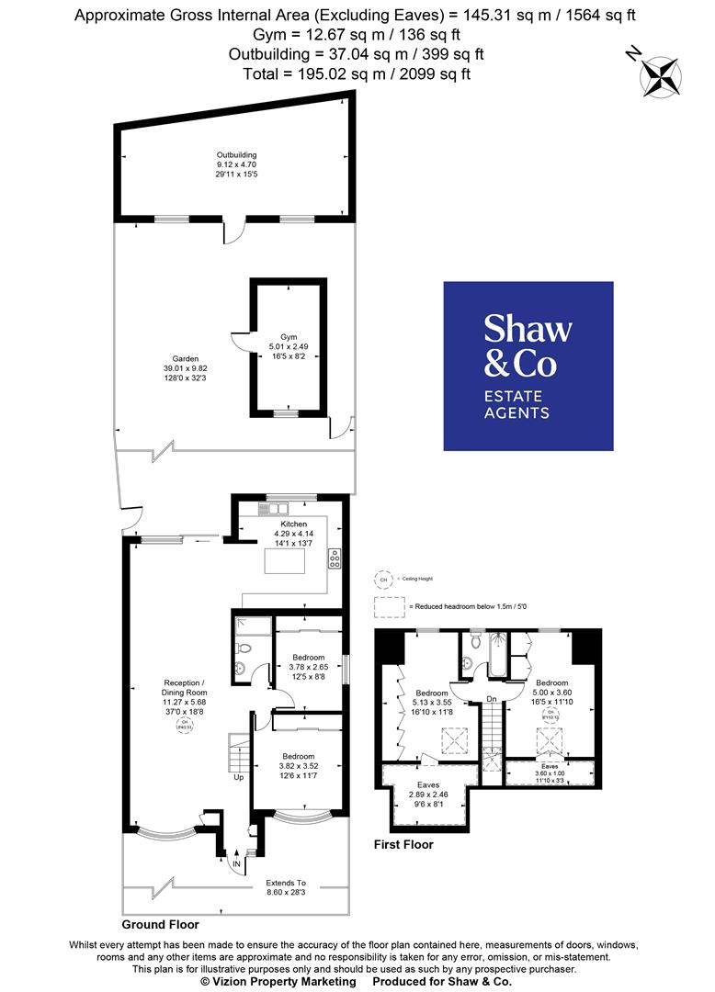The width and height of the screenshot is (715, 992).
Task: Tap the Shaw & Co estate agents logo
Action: (x=528, y=366)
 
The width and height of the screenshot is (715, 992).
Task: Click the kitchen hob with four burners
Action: (x=335, y=558)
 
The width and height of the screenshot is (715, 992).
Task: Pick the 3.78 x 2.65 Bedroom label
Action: (x=308, y=667)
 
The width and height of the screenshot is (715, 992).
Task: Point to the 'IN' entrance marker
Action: (x=236, y=864)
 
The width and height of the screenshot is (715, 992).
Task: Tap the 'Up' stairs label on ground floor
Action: (x=239, y=777)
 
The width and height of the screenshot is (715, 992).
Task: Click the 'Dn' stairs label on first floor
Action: (x=492, y=700)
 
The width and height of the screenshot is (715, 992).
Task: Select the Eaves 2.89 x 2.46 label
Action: (x=428, y=795)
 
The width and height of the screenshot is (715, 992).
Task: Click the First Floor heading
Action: (x=403, y=844)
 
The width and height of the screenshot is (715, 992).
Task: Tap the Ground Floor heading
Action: (x=160, y=924)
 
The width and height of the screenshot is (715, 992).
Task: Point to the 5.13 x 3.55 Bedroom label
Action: (x=432, y=701)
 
